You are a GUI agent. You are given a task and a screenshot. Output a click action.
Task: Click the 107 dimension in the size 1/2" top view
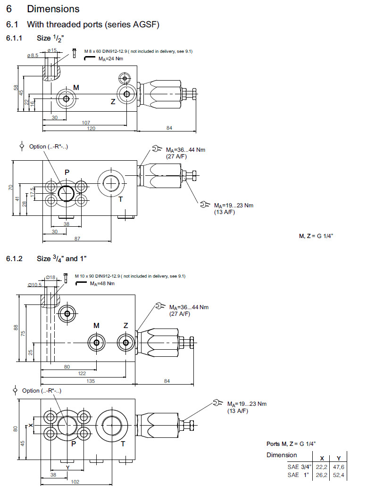point(86,123)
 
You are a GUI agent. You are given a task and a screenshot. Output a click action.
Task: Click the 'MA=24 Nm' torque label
point(110,59)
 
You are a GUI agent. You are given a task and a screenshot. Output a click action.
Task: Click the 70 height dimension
point(10,188)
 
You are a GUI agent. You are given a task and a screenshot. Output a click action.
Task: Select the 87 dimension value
point(76,239)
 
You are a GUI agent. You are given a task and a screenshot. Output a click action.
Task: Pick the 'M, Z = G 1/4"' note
point(317,236)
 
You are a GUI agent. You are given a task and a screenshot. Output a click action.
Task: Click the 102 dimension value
point(74,482)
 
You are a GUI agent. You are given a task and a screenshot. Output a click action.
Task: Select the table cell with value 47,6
point(339,467)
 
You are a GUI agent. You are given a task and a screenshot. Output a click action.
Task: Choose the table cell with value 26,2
point(322,475)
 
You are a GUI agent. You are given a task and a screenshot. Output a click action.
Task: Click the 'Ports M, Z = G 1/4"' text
point(291,444)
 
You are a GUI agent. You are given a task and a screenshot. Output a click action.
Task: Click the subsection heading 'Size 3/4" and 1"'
point(62,259)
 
